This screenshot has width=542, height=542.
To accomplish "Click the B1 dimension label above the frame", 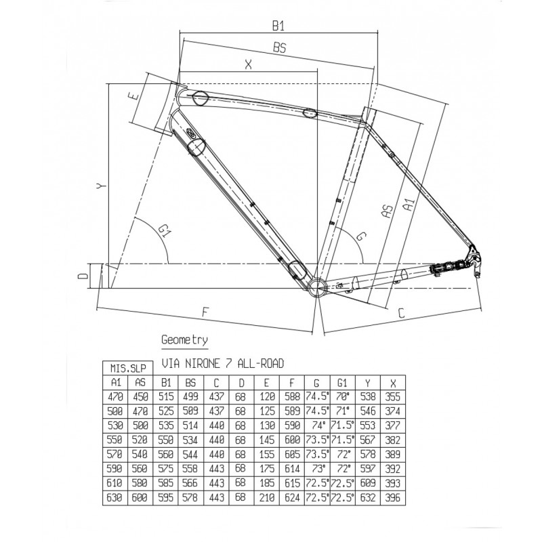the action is (278, 26).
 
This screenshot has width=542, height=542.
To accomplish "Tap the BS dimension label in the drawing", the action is (280, 47).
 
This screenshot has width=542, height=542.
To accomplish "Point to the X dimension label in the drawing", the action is (248, 64).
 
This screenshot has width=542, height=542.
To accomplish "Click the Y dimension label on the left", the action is (100, 186).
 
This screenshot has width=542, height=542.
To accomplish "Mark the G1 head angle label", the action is (165, 230).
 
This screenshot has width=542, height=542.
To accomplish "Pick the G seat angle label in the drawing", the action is (360, 236).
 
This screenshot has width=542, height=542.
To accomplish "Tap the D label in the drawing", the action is (83, 276).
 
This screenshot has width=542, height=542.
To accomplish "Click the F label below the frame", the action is (205, 312).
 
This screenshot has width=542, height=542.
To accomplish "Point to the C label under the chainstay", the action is (401, 313).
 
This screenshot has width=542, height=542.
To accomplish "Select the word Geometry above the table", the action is (184, 340).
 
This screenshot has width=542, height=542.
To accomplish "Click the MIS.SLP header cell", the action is (127, 368).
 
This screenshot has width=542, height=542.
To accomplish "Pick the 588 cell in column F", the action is (292, 396).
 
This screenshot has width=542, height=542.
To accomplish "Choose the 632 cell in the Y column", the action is (368, 497).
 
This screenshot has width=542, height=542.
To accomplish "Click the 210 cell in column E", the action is (267, 497).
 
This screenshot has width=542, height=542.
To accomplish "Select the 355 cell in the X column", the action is (393, 396).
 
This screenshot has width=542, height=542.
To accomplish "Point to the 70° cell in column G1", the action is (343, 396).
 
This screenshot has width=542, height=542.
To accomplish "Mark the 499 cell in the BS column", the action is (191, 396).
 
